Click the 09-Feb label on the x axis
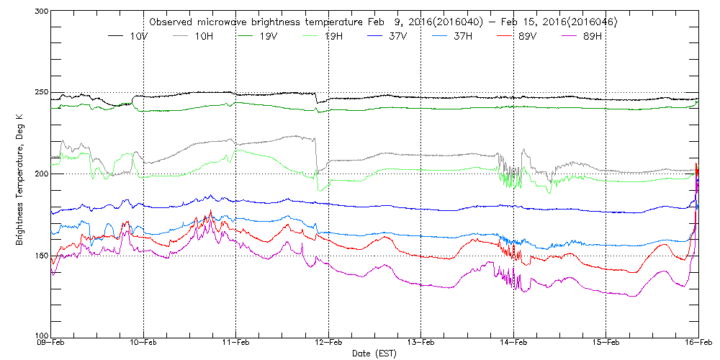[x=51, y=344]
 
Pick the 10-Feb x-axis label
[x=143, y=344]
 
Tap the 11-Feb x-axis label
[x=235, y=344]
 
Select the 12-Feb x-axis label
[x=328, y=344]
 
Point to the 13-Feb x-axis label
[x=420, y=344]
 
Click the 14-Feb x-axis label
[x=513, y=344]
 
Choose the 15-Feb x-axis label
[x=606, y=344]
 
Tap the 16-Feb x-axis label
[x=698, y=344]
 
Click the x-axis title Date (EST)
[x=374, y=354]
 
